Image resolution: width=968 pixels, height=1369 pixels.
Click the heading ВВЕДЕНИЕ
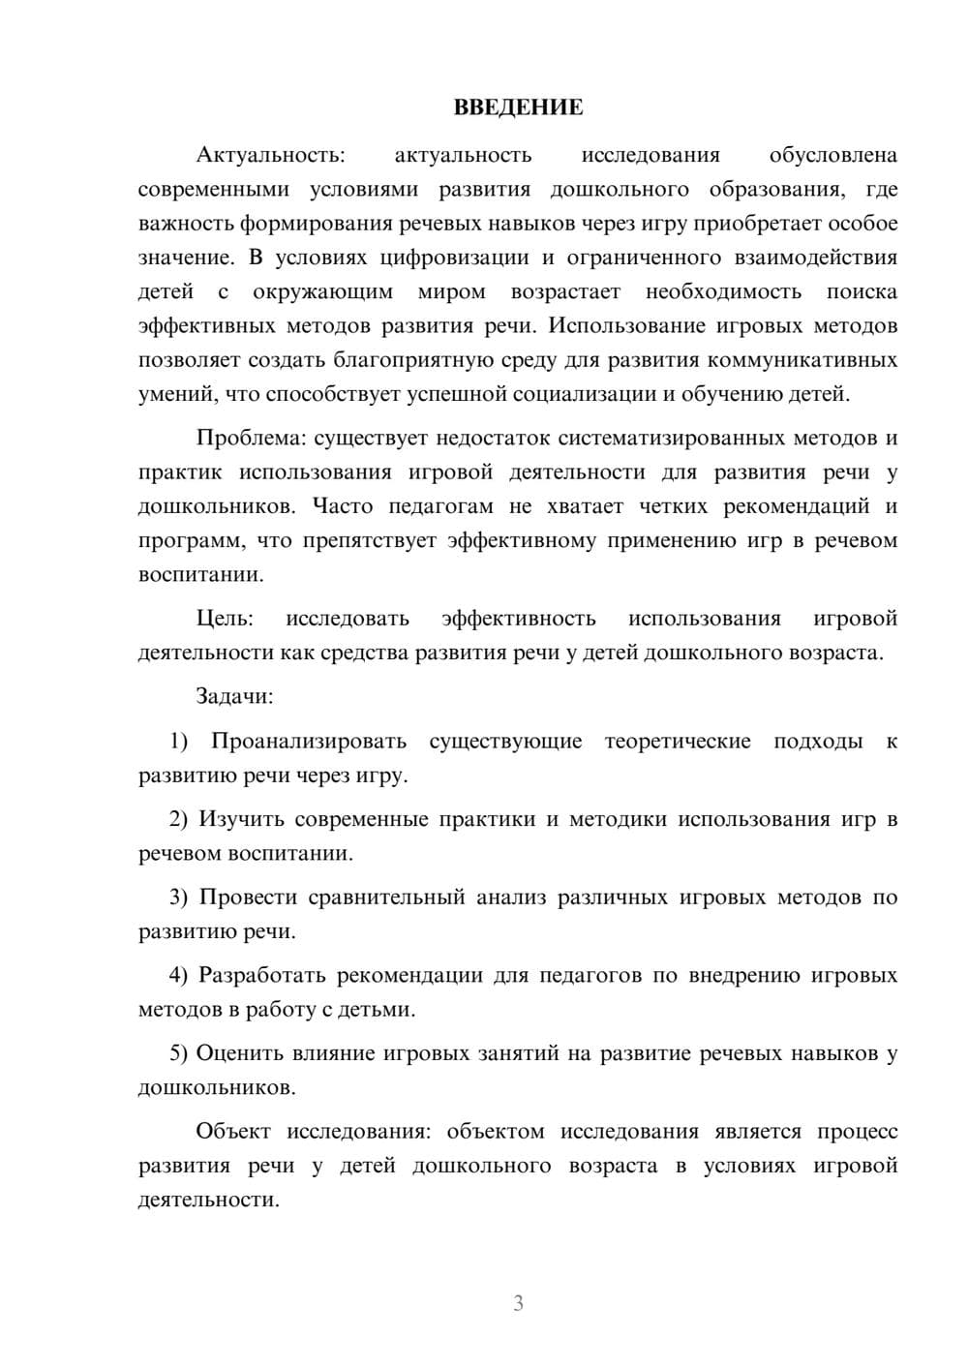point(518,107)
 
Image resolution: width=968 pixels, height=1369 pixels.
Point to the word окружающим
point(322,291)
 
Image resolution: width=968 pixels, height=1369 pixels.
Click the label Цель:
point(225,619)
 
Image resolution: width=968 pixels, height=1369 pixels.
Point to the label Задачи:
point(234,696)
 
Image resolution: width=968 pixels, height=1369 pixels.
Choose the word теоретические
point(678,742)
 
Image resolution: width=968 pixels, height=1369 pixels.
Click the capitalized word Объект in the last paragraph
point(232,1132)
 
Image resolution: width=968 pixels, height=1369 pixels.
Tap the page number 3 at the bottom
point(518,1303)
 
